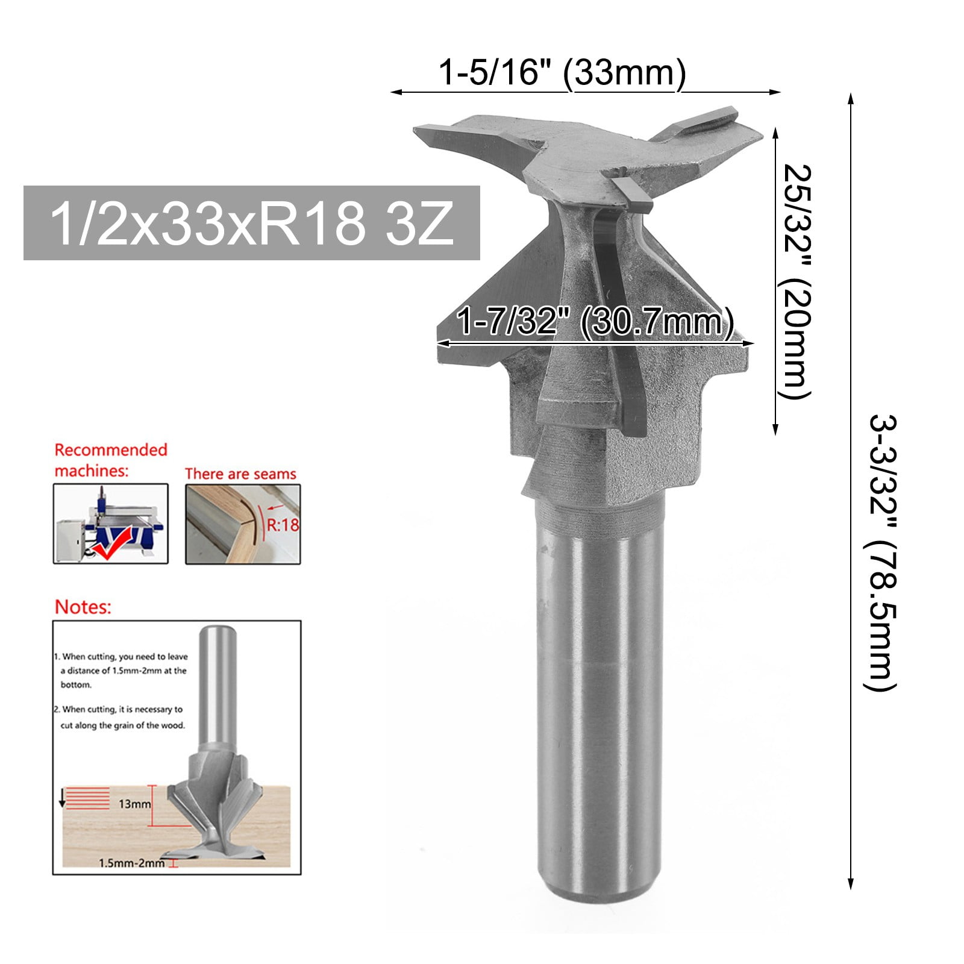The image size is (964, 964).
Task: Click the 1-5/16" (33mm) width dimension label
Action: (x=562, y=74)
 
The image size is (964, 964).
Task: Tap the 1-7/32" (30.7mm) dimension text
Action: (x=595, y=321)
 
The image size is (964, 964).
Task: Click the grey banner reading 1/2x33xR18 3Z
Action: (x=251, y=223)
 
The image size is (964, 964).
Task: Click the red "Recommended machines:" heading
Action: (x=111, y=460)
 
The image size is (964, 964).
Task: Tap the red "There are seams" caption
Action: (x=240, y=474)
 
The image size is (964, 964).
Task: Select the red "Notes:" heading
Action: (x=83, y=607)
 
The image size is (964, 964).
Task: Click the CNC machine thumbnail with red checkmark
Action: (x=110, y=524)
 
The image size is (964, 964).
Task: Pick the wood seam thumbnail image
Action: (x=242, y=524)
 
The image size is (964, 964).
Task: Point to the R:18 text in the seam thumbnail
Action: (x=283, y=525)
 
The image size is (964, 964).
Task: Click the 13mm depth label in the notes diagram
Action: (x=134, y=804)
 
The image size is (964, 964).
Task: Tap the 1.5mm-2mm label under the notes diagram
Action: (x=131, y=863)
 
